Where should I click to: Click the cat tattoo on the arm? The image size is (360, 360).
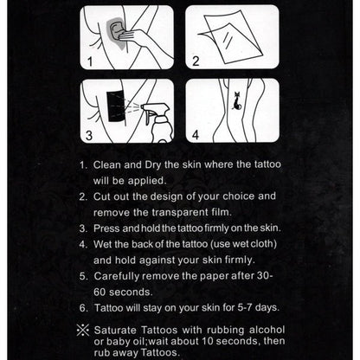pyautogui.click(x=237, y=101)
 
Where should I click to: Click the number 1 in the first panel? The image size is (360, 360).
pyautogui.click(x=90, y=61)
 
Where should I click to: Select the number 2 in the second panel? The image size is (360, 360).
pyautogui.click(x=196, y=61)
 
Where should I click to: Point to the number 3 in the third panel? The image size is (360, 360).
pyautogui.click(x=89, y=135)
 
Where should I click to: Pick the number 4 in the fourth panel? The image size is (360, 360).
pyautogui.click(x=196, y=135)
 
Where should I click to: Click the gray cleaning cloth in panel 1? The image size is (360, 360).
pyautogui.click(x=116, y=31)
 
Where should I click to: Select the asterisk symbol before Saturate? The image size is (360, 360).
pyautogui.click(x=83, y=331)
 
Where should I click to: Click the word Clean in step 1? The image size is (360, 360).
pyautogui.click(x=107, y=164)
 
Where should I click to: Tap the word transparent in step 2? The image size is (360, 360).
pyautogui.click(x=179, y=213)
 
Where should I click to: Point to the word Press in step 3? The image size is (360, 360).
pyautogui.click(x=106, y=228)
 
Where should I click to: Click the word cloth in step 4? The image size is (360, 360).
pyautogui.click(x=262, y=244)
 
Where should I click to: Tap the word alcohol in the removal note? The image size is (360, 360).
pyautogui.click(x=267, y=330)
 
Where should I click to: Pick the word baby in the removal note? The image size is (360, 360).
pyautogui.click(x=119, y=342)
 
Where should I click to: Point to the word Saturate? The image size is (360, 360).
pyautogui.click(x=115, y=330)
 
